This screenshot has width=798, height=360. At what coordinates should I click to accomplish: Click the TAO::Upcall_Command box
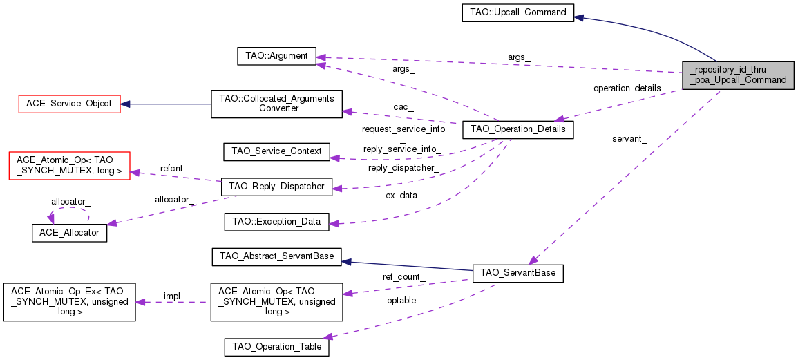(x=517, y=12)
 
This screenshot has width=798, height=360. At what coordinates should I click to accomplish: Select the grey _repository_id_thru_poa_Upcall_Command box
(x=738, y=74)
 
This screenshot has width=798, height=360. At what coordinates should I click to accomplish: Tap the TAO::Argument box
(x=276, y=56)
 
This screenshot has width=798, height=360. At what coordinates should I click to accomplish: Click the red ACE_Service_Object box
(x=69, y=104)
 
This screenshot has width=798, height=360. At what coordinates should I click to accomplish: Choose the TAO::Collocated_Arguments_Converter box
(x=276, y=104)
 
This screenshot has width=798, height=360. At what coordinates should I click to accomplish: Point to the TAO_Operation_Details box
(x=517, y=129)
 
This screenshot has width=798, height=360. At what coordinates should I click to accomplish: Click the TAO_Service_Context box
(x=276, y=151)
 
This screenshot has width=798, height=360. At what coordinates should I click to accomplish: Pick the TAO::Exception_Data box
(x=276, y=222)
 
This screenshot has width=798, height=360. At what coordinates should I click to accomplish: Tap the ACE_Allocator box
(x=69, y=233)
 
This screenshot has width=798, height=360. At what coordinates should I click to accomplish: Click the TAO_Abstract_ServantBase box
(x=276, y=257)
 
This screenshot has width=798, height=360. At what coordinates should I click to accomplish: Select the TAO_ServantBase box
(x=517, y=273)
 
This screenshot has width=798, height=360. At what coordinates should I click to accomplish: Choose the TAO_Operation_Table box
(x=276, y=346)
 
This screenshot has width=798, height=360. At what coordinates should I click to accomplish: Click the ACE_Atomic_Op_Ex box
(x=69, y=301)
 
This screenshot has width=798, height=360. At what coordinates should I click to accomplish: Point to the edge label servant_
(x=629, y=139)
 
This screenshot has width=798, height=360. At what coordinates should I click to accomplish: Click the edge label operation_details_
(x=629, y=88)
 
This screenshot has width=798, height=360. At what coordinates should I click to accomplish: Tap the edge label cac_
(x=403, y=107)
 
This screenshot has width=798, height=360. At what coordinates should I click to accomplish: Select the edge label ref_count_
(x=403, y=277)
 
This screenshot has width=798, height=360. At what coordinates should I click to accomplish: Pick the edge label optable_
(x=404, y=301)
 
